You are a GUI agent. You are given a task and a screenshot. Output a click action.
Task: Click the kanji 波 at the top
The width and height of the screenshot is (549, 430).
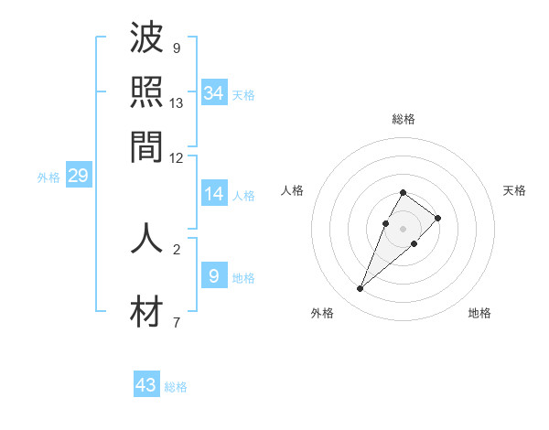pos(146,41)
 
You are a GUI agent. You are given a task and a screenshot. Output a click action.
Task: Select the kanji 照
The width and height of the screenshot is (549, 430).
pos(146,93)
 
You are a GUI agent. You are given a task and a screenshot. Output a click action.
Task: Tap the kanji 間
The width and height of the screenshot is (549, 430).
pos(146,145)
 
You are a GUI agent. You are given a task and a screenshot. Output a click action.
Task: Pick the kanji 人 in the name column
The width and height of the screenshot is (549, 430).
pos(146,238)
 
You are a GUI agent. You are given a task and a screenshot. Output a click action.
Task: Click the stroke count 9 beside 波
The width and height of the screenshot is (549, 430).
pos(176,48)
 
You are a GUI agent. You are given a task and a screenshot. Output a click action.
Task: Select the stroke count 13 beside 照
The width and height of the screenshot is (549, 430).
pos(177,102)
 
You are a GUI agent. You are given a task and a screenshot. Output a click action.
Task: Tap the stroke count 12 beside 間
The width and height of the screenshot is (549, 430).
pos(177,157)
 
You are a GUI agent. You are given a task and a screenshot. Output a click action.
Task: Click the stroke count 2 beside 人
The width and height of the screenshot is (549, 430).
pos(176,248)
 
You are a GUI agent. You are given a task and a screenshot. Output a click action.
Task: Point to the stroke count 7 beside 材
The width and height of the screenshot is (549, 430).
pos(176,322)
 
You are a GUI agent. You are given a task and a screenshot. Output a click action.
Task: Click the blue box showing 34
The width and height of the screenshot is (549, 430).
pos(214,92)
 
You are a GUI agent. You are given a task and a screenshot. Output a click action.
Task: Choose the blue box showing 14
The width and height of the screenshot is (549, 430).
pos(214,194)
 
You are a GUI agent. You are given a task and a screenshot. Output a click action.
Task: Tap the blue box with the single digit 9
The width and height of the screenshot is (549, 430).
pos(214,275)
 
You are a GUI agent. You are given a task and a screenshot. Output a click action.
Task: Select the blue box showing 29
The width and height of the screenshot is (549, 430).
pos(78,176)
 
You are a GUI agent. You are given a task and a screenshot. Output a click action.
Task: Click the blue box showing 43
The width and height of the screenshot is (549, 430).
pos(146,385)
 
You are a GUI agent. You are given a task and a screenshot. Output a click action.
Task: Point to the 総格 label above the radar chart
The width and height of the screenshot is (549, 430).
pos(403,119)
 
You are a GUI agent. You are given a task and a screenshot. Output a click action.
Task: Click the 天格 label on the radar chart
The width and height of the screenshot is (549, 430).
pos(514,190)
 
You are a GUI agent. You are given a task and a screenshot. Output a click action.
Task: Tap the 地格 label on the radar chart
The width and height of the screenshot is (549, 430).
pos(479,313)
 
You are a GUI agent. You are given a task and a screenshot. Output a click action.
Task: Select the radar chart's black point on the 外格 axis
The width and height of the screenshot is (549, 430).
pos(360,289)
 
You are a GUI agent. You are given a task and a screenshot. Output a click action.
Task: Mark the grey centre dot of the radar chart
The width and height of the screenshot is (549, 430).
pos(403,228)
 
